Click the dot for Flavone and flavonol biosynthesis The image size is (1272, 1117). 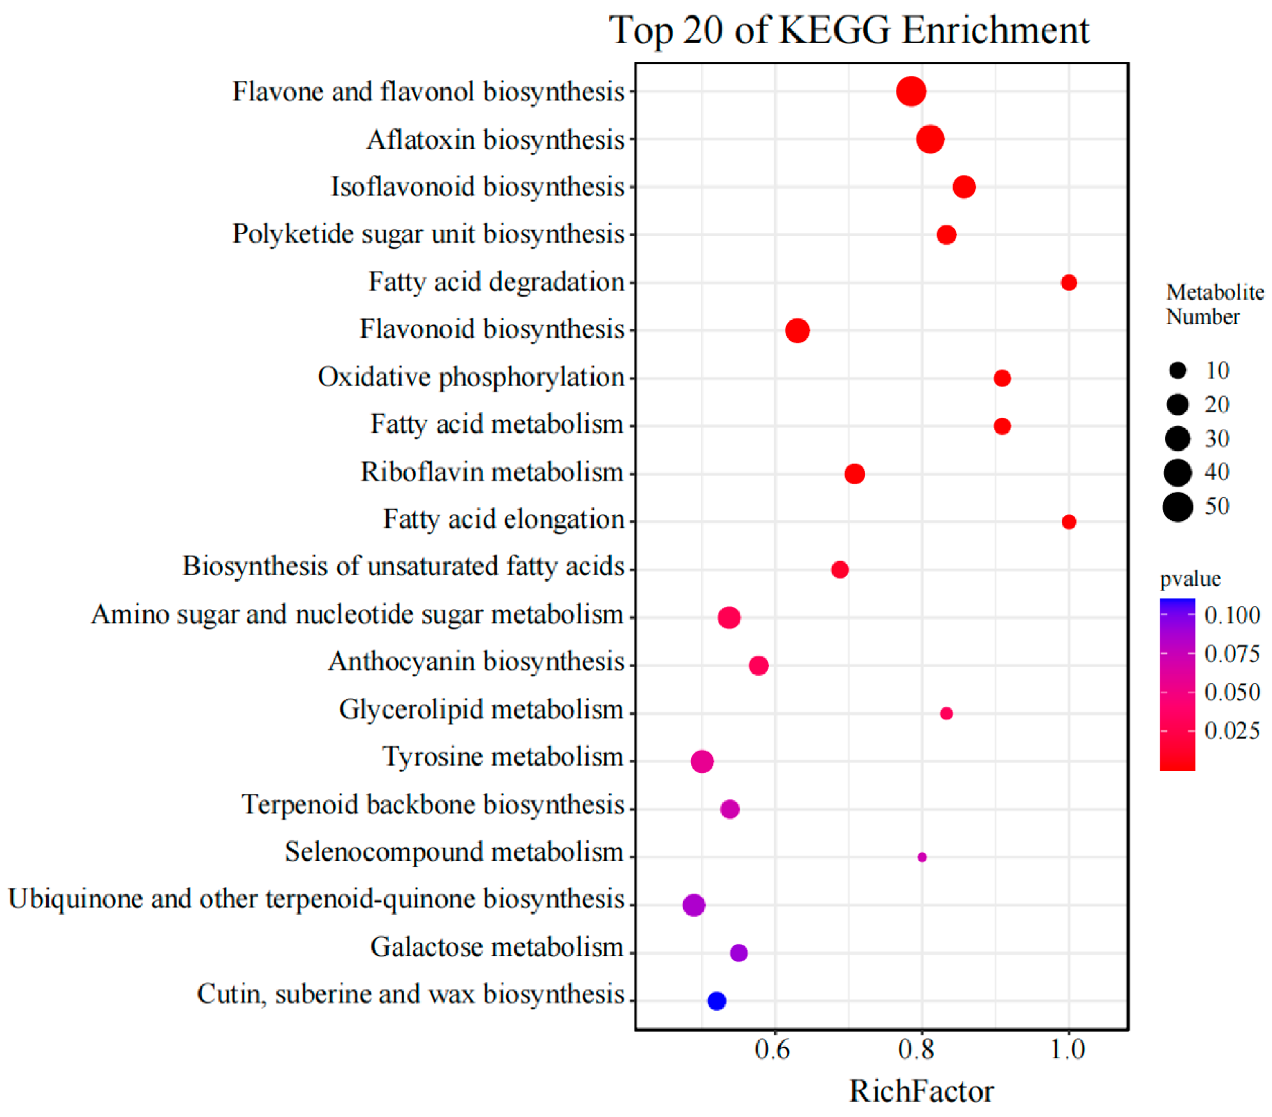coord(911,92)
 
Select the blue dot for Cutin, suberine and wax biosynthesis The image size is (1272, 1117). coord(716,1001)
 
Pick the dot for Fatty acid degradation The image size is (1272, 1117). coord(1068,282)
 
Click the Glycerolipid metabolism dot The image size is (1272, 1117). coord(946,713)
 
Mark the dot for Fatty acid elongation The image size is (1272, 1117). coord(1068,521)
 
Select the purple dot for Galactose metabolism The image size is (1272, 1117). coord(738,953)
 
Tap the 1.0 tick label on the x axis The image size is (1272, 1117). coord(1068,1050)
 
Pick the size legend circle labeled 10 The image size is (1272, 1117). coord(1177,371)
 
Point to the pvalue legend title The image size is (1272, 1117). coord(1190,579)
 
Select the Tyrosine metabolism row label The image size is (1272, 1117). coord(503,757)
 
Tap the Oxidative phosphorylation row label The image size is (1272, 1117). coord(471,377)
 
